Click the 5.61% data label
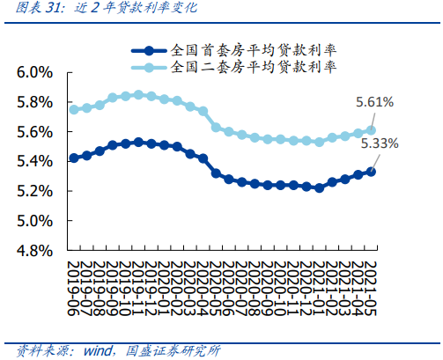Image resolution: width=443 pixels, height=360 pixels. coord(375,103)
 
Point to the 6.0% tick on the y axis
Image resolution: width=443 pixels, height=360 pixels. coord(35,72)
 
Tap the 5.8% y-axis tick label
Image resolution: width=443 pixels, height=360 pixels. coord(35,102)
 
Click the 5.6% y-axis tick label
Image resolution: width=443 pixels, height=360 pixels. coord(35,132)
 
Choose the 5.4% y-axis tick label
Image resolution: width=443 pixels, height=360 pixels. coord(35,161)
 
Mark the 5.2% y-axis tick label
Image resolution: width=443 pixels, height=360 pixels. coord(35,191)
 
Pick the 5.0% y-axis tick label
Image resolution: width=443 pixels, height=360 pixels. coord(35,221)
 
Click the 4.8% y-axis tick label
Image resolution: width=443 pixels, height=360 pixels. coord(35,251)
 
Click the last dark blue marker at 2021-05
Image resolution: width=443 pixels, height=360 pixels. coord(371,172)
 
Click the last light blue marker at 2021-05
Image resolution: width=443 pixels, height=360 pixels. coord(371,130)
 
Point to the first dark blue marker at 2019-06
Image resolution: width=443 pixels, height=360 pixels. coord(74,158)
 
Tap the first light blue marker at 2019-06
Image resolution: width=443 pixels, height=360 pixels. coord(74,110)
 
